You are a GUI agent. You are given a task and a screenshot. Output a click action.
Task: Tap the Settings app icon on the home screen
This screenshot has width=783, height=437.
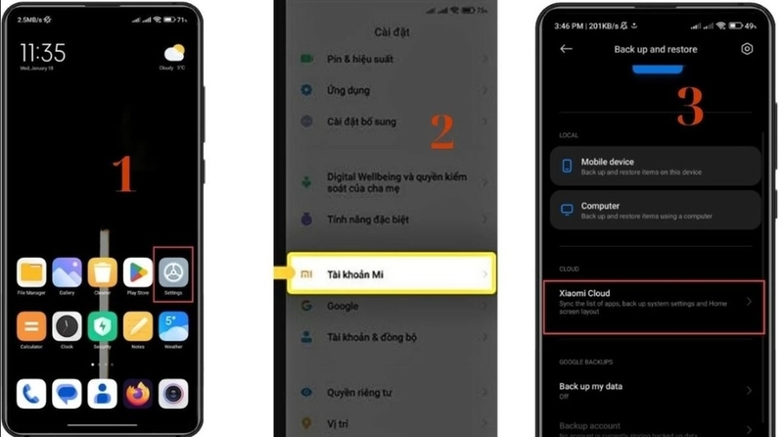[173, 271]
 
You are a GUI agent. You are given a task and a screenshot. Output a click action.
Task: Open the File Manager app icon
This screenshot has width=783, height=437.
[31, 271]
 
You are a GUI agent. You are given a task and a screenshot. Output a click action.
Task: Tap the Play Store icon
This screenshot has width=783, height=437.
[138, 271]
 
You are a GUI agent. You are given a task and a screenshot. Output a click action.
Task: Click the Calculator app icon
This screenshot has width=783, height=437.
[31, 326]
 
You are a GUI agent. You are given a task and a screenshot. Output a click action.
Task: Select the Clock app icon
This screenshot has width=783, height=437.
[67, 326]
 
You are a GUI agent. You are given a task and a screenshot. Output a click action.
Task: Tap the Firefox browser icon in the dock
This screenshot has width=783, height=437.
[138, 394]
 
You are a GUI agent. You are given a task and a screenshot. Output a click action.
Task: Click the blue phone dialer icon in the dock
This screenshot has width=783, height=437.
[31, 394]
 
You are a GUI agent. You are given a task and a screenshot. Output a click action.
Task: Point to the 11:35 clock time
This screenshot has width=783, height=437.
[43, 51]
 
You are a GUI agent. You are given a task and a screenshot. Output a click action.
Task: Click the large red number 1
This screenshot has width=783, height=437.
[123, 174]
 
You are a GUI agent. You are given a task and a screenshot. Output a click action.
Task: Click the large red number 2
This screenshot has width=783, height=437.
[442, 132]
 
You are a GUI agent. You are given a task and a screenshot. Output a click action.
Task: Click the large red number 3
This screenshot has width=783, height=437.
[690, 108]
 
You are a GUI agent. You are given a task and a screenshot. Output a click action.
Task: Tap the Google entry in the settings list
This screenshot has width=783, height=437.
[343, 306]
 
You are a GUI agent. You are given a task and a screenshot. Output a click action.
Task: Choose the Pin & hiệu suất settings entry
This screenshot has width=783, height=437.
[360, 59]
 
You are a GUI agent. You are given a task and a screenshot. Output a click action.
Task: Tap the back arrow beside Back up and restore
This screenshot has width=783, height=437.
[566, 49]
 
